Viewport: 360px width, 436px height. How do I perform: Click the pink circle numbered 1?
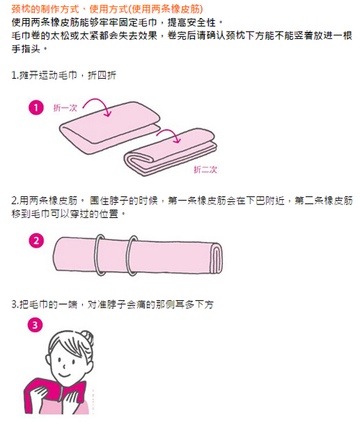click(36, 108)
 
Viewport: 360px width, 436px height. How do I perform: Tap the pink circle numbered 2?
click(36, 241)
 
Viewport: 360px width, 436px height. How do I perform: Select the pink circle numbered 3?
click(35, 325)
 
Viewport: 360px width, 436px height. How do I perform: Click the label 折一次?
click(65, 108)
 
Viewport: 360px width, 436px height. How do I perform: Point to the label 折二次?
click(206, 170)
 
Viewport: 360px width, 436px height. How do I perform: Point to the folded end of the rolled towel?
click(216, 258)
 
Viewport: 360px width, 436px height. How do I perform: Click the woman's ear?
click(48, 359)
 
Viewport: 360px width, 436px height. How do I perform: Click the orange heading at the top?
click(107, 9)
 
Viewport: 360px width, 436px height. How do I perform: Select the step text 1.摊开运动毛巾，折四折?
click(63, 75)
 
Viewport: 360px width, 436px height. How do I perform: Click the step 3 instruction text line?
click(113, 305)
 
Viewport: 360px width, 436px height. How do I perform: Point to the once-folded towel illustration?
click(110, 126)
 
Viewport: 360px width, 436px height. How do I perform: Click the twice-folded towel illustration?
click(170, 152)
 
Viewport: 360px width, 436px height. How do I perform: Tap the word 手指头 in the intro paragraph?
click(26, 49)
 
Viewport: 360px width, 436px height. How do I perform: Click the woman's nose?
click(64, 367)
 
